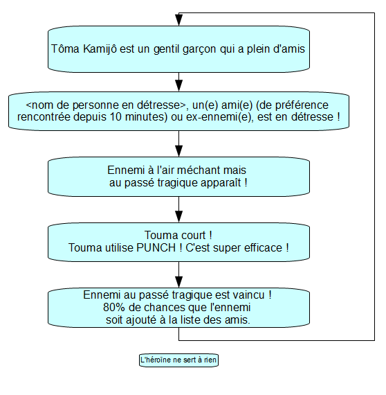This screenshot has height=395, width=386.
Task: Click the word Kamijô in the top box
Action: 100,49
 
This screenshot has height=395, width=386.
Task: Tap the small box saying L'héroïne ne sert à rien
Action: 178,360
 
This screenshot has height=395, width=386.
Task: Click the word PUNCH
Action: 156,247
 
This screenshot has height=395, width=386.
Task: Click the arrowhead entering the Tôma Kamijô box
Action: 178,19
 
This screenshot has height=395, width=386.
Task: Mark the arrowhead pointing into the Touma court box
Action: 178,217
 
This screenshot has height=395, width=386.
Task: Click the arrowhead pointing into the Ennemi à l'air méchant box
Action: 178,151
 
